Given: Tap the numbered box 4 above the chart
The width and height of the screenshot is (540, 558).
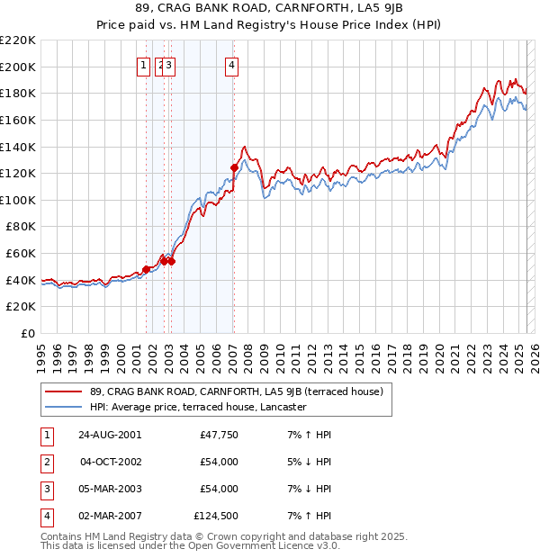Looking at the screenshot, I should click(x=232, y=64).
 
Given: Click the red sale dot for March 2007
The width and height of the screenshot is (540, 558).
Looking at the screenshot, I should click(x=234, y=167).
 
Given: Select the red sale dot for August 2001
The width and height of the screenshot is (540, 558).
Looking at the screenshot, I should click(x=146, y=269).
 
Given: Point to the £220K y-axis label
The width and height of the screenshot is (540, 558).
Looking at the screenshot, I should click(x=19, y=40).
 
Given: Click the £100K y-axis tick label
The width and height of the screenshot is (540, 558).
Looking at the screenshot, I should click(x=19, y=200).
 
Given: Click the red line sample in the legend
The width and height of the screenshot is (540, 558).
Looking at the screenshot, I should click(x=63, y=391).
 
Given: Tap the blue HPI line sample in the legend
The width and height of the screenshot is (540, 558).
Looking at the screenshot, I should click(x=63, y=407).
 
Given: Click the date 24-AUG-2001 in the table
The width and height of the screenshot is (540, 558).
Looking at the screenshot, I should click(x=110, y=435).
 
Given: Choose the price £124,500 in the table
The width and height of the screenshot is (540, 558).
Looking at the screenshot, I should click(x=216, y=516).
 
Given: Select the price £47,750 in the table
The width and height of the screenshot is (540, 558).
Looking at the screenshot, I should click(x=218, y=435).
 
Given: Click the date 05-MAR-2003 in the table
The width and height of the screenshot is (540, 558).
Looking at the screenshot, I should click(x=110, y=489).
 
